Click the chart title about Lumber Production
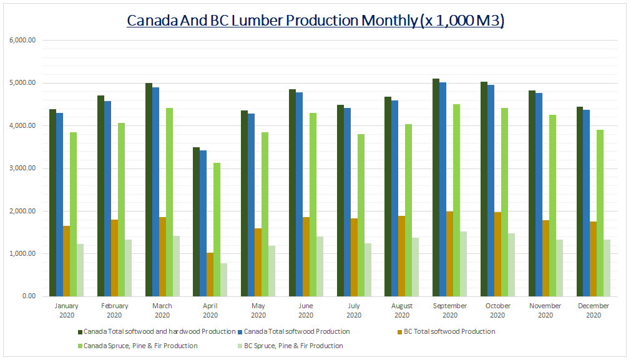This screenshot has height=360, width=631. [315, 21]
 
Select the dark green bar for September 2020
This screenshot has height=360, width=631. [436, 187]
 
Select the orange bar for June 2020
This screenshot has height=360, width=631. [306, 256]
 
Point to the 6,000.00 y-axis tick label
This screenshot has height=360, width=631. [22, 41]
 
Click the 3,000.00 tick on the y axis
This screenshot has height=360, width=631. [22, 168]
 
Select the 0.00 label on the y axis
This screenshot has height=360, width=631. [29, 296]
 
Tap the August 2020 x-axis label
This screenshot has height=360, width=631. [402, 310]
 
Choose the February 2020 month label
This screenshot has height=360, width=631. [114, 310]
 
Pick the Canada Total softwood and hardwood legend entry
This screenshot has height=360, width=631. [159, 331]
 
